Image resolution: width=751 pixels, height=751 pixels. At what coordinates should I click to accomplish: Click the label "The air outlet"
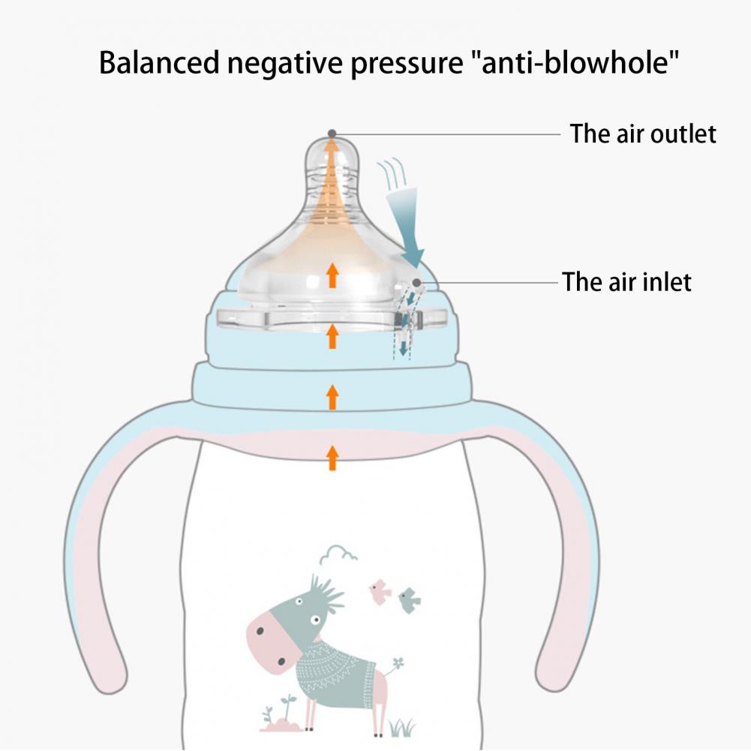click(x=642, y=134)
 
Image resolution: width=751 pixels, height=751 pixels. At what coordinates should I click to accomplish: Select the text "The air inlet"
click(x=626, y=282)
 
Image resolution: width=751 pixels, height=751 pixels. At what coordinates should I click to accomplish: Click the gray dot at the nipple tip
click(x=332, y=133)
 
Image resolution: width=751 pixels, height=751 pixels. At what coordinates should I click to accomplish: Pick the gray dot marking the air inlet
click(x=416, y=281)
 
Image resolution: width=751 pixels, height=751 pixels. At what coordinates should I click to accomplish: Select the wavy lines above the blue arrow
click(x=392, y=173)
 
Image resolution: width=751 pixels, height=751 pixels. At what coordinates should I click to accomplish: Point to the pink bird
click(x=380, y=591)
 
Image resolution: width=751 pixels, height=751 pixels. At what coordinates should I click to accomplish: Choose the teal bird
click(x=409, y=599)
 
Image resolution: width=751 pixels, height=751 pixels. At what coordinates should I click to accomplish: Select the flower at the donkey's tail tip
click(x=398, y=663)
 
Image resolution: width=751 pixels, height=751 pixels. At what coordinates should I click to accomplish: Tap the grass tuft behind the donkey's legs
click(x=401, y=726)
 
